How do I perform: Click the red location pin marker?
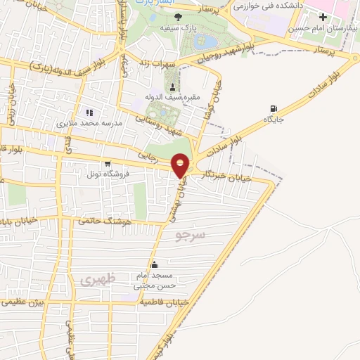(181, 165)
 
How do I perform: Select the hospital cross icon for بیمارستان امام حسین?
(323, 16)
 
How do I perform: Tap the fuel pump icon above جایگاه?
(272, 108)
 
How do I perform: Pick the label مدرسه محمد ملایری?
(89, 123)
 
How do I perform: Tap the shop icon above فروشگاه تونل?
(106, 162)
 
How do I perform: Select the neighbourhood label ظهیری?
(96, 279)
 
